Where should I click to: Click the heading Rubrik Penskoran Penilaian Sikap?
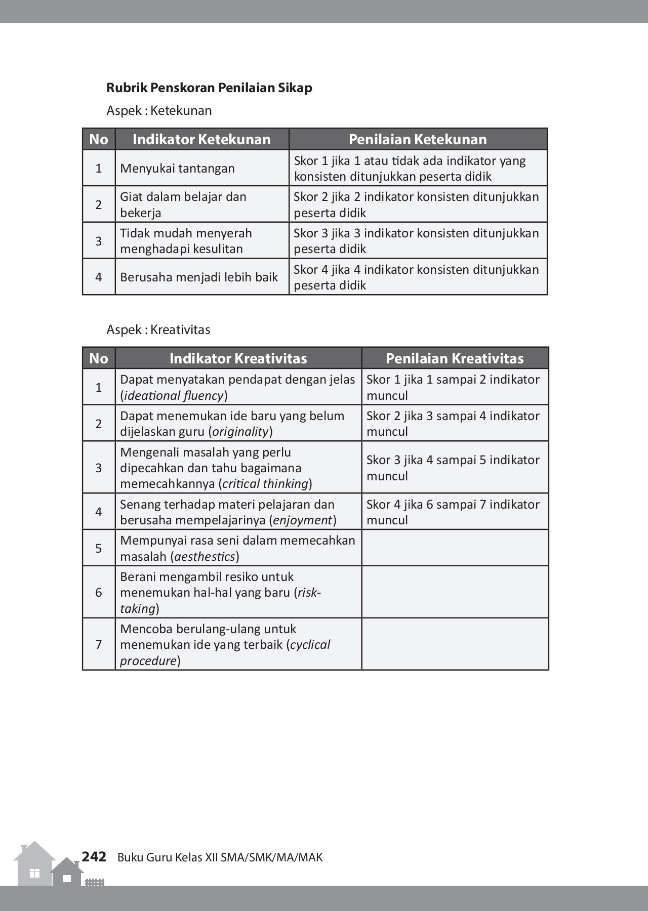(209, 88)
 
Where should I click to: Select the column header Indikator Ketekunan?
(201, 139)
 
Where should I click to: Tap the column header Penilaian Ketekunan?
(418, 139)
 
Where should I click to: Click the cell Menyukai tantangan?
(177, 169)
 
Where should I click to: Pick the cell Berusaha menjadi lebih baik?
(199, 277)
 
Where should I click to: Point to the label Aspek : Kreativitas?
(158, 329)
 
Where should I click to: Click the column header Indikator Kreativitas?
(238, 358)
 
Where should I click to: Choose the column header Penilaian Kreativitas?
(454, 358)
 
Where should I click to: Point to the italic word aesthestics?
(205, 557)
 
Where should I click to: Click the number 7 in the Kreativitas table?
(99, 644)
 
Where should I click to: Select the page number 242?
(94, 856)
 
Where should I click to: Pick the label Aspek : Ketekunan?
(159, 110)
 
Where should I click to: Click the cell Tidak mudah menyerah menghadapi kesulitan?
(186, 241)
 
